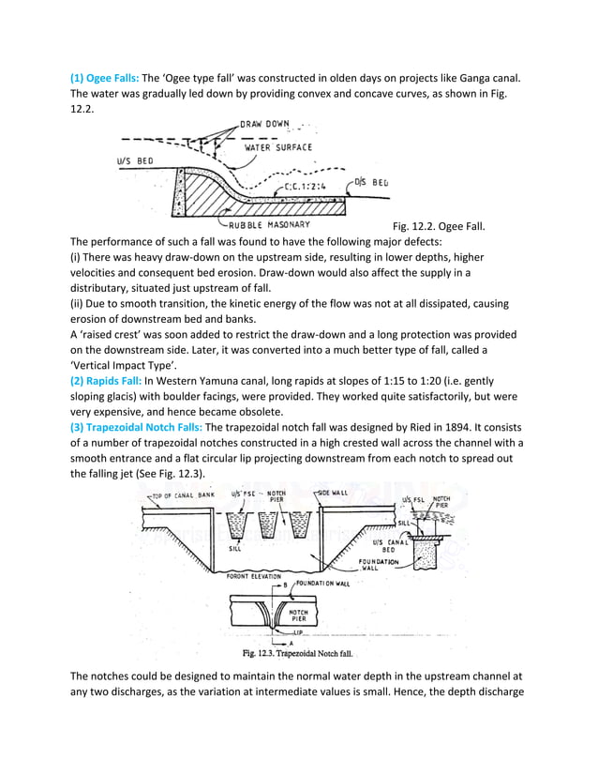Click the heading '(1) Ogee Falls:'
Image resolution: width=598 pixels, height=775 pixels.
104,78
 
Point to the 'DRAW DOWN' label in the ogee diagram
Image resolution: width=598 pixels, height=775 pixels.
265,124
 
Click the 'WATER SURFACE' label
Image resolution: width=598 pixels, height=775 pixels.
278,147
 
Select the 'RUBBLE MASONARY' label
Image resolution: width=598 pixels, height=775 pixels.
271,224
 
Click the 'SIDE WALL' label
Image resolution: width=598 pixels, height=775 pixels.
335,492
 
